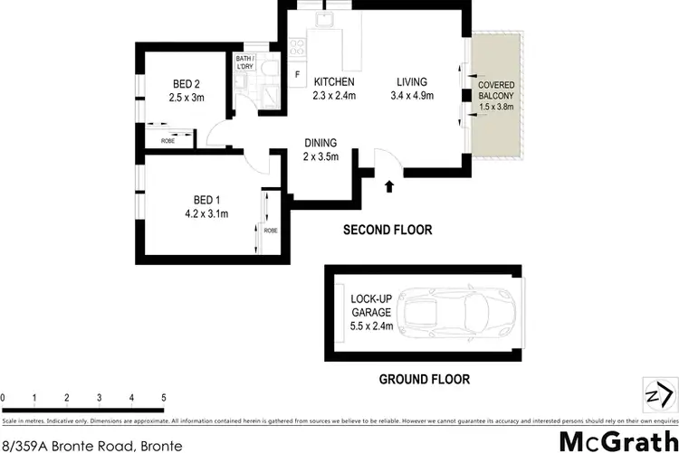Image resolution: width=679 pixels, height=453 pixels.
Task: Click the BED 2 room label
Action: pyautogui.click(x=183, y=81)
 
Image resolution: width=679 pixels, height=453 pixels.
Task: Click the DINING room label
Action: pyautogui.click(x=320, y=142)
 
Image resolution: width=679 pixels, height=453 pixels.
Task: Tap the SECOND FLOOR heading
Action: pyautogui.click(x=387, y=231)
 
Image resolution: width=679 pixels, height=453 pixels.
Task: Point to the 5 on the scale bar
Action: pyautogui.click(x=164, y=398)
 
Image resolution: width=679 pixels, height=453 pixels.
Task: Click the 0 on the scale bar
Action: pyautogui.click(x=4, y=398)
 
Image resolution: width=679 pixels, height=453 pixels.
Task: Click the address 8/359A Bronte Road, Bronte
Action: pyautogui.click(x=91, y=445)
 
